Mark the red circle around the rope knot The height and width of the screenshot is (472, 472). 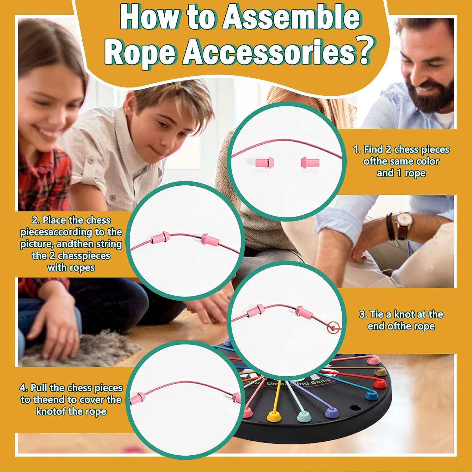click(333, 328)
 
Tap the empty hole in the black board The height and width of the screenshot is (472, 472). click(355, 408)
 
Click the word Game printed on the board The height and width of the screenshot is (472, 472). click(321, 382)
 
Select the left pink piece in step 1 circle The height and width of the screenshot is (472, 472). click(265, 163)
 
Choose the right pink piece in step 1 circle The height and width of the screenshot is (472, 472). click(310, 163)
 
